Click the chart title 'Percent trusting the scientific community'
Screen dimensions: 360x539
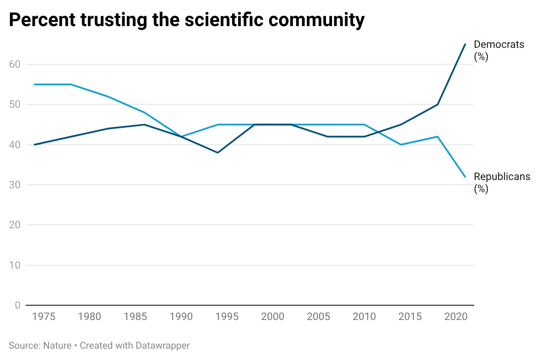point(186,20)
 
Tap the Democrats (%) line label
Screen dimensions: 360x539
point(499,50)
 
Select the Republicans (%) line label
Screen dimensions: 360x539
point(502,183)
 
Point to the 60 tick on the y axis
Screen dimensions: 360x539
point(15,64)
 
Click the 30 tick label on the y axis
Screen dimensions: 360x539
point(15,185)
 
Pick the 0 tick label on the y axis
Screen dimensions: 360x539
point(17,305)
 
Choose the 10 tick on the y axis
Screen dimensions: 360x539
point(15,265)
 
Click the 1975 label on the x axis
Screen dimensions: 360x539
point(43,317)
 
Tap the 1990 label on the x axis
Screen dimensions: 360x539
point(181,317)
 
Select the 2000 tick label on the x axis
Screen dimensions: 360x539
point(273,317)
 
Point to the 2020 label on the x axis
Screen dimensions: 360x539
point(456,317)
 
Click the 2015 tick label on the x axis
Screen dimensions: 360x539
point(410,317)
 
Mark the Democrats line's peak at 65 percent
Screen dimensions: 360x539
point(465,44)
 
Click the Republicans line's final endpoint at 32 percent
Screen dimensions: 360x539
point(465,177)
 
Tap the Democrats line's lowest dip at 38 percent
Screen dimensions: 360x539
point(217,153)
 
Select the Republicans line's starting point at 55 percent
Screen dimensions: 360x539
point(34,84)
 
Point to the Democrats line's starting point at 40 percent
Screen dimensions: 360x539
point(34,144)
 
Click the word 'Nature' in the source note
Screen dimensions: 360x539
point(57,346)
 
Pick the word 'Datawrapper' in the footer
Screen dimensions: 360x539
point(163,346)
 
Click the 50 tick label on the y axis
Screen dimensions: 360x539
point(15,104)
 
